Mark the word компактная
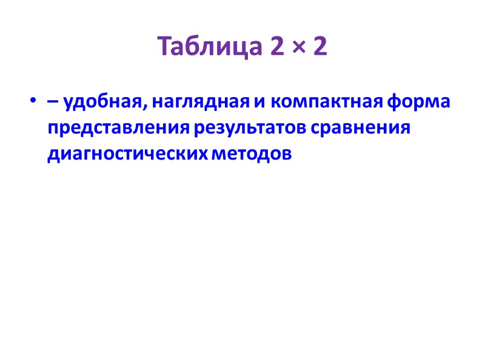pyautogui.click(x=324, y=103)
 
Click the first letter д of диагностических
pyautogui.click(x=52, y=155)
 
